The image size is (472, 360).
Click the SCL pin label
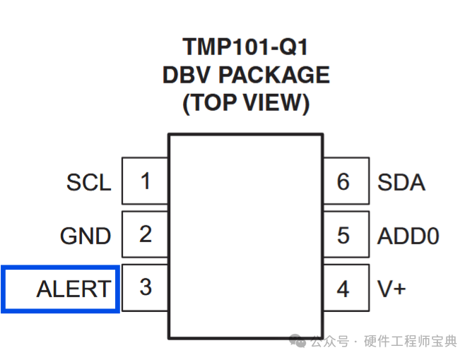[89, 182]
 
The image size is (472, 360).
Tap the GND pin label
[85, 236]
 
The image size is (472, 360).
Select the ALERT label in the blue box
[73, 289]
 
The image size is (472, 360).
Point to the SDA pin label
[401, 182]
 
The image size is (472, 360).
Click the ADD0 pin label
[408, 236]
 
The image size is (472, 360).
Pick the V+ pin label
[391, 289]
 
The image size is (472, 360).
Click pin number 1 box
[145, 181]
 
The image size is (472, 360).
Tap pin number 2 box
[145, 234]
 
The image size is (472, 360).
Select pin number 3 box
[145, 287]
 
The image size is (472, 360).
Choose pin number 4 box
[346, 287]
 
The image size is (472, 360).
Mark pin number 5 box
[346, 234]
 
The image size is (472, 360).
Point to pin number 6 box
[346, 181]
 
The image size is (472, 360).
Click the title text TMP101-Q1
[245, 47]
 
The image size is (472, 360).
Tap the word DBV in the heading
[186, 75]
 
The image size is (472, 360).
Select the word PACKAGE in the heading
[274, 75]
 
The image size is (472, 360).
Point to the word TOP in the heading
[213, 102]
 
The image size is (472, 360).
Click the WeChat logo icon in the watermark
[297, 341]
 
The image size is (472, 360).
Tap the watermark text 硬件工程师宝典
[411, 341]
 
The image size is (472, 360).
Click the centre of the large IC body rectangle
[246, 236]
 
